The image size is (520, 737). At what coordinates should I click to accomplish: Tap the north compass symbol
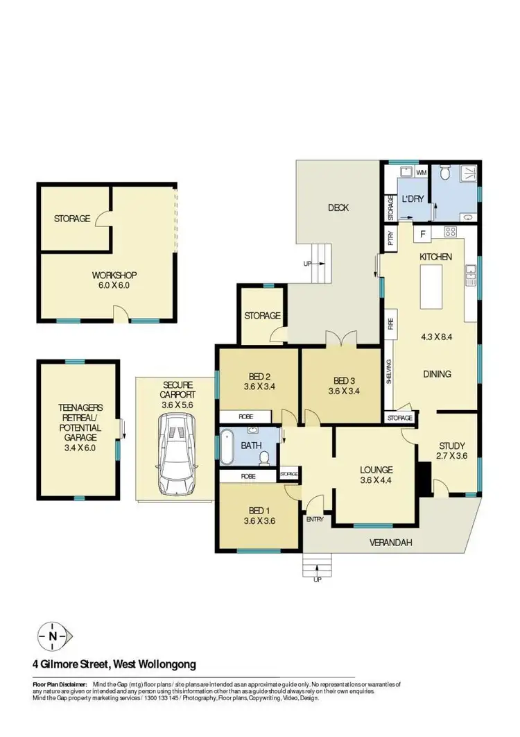53,635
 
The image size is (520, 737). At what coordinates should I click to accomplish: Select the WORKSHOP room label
112,274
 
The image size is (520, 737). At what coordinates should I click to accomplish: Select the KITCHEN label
435,257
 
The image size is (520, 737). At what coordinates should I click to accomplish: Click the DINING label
437,374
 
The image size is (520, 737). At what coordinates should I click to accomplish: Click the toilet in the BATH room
263,457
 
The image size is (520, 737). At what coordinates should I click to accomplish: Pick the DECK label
338,207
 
